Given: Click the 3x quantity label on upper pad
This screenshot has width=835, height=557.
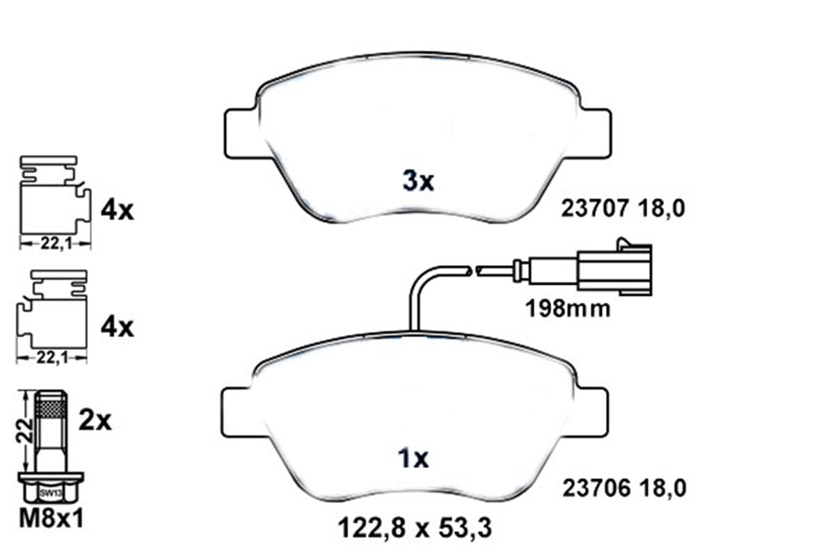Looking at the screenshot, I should pyautogui.click(x=418, y=182).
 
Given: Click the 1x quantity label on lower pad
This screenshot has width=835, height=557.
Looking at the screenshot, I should pyautogui.click(x=415, y=459).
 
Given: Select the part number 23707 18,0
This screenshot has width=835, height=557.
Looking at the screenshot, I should pyautogui.click(x=623, y=207).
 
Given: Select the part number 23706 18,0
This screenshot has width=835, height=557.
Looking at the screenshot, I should pyautogui.click(x=623, y=489).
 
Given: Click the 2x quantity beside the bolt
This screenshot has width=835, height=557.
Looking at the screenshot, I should pyautogui.click(x=95, y=420).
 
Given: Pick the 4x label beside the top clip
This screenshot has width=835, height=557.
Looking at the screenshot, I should pyautogui.click(x=116, y=210).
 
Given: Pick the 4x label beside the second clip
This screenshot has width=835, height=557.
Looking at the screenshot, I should pyautogui.click(x=116, y=326).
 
